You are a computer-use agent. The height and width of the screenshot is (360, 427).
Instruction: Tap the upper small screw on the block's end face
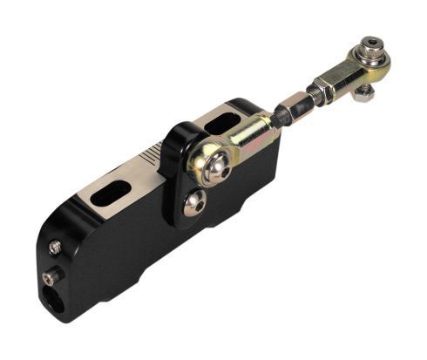(55, 247)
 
